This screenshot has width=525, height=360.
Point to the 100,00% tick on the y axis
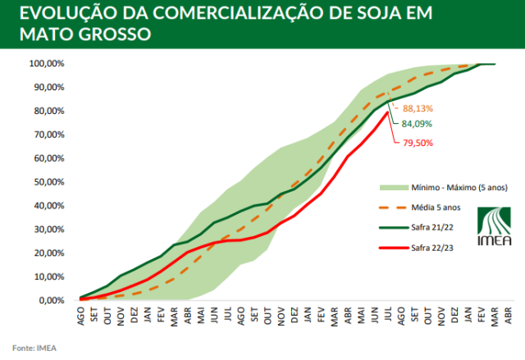(x=47, y=63)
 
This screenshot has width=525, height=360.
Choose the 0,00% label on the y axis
(x=51, y=301)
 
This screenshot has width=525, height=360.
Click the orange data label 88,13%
(x=417, y=108)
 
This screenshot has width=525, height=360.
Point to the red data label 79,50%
(x=417, y=143)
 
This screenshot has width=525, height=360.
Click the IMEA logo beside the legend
(x=492, y=226)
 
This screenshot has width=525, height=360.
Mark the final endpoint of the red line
(x=388, y=112)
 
